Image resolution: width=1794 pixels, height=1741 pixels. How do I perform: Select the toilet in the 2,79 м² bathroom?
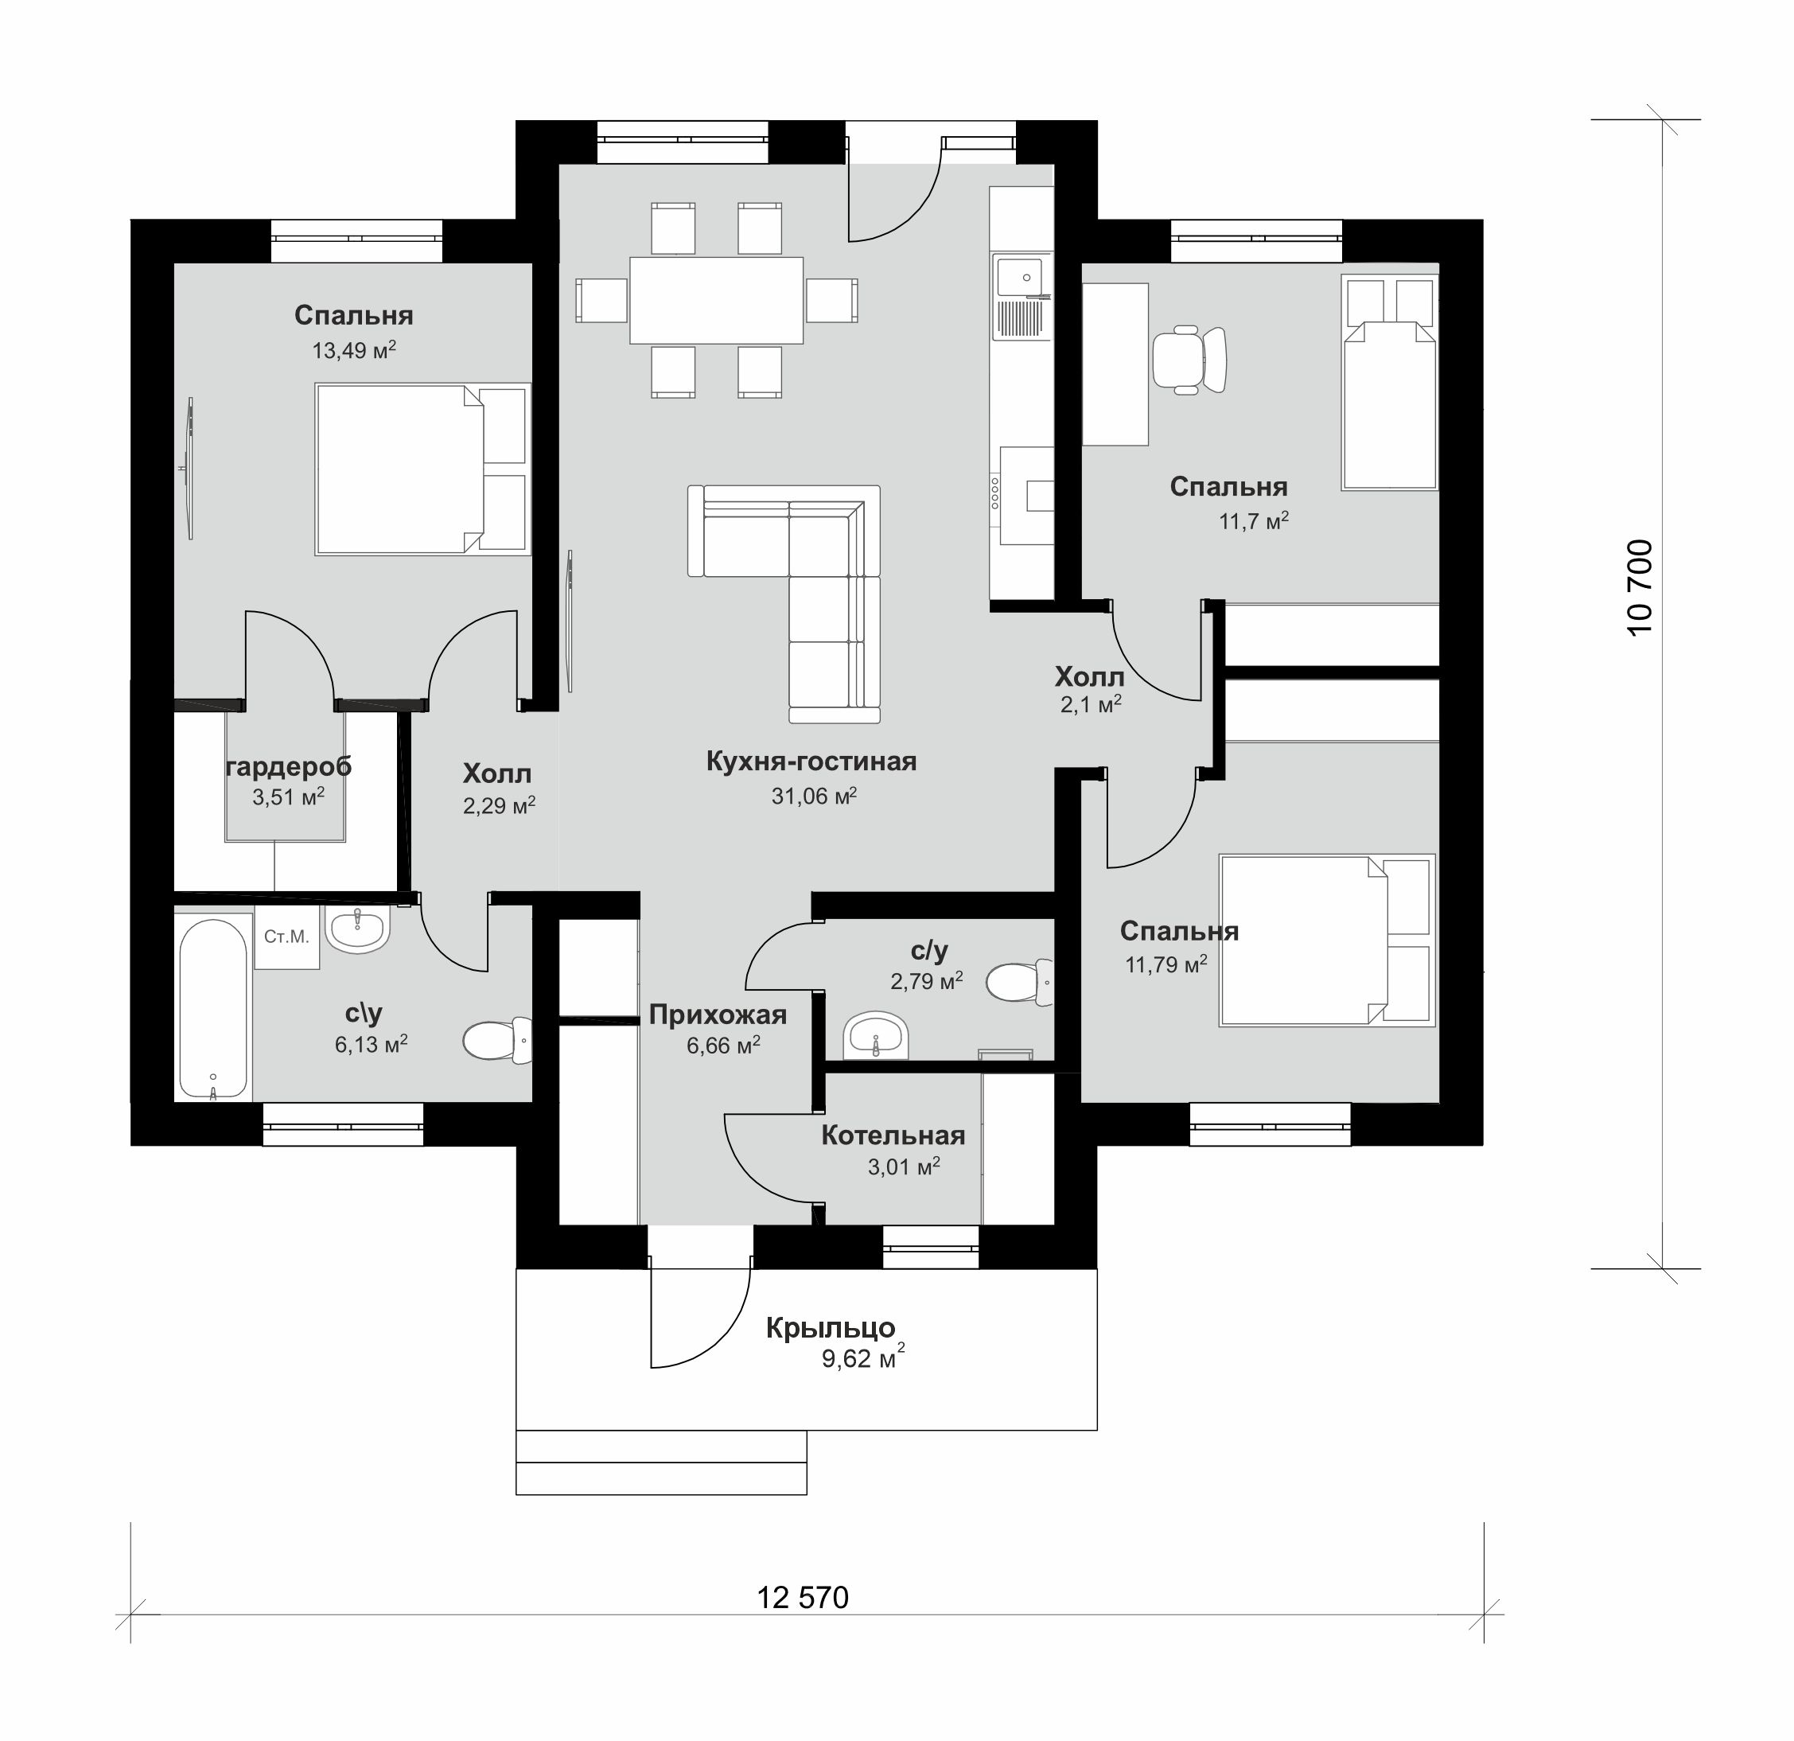[1019, 981]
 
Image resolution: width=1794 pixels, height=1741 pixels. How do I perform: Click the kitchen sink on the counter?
[1021, 278]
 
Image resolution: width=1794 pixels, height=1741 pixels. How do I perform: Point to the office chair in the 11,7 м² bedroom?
[1188, 360]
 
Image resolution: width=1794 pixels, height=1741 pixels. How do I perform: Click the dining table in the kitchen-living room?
[716, 300]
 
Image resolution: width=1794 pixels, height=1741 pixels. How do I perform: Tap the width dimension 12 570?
[803, 1597]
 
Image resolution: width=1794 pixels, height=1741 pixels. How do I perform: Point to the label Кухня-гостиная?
[811, 761]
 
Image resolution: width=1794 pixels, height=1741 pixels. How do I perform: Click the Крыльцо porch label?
[831, 1327]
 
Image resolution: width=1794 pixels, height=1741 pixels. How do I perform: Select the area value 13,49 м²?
[354, 349]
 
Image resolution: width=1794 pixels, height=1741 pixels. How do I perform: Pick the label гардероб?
[288, 767]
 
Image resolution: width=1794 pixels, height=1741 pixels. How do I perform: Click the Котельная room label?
[893, 1135]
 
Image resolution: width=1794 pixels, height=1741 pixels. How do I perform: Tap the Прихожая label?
[718, 1015]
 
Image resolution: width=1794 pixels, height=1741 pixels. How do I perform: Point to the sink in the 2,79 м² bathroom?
[876, 1034]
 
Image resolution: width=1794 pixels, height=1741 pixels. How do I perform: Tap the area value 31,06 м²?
[814, 796]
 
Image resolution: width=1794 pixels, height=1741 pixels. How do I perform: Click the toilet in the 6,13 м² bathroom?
[498, 1040]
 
